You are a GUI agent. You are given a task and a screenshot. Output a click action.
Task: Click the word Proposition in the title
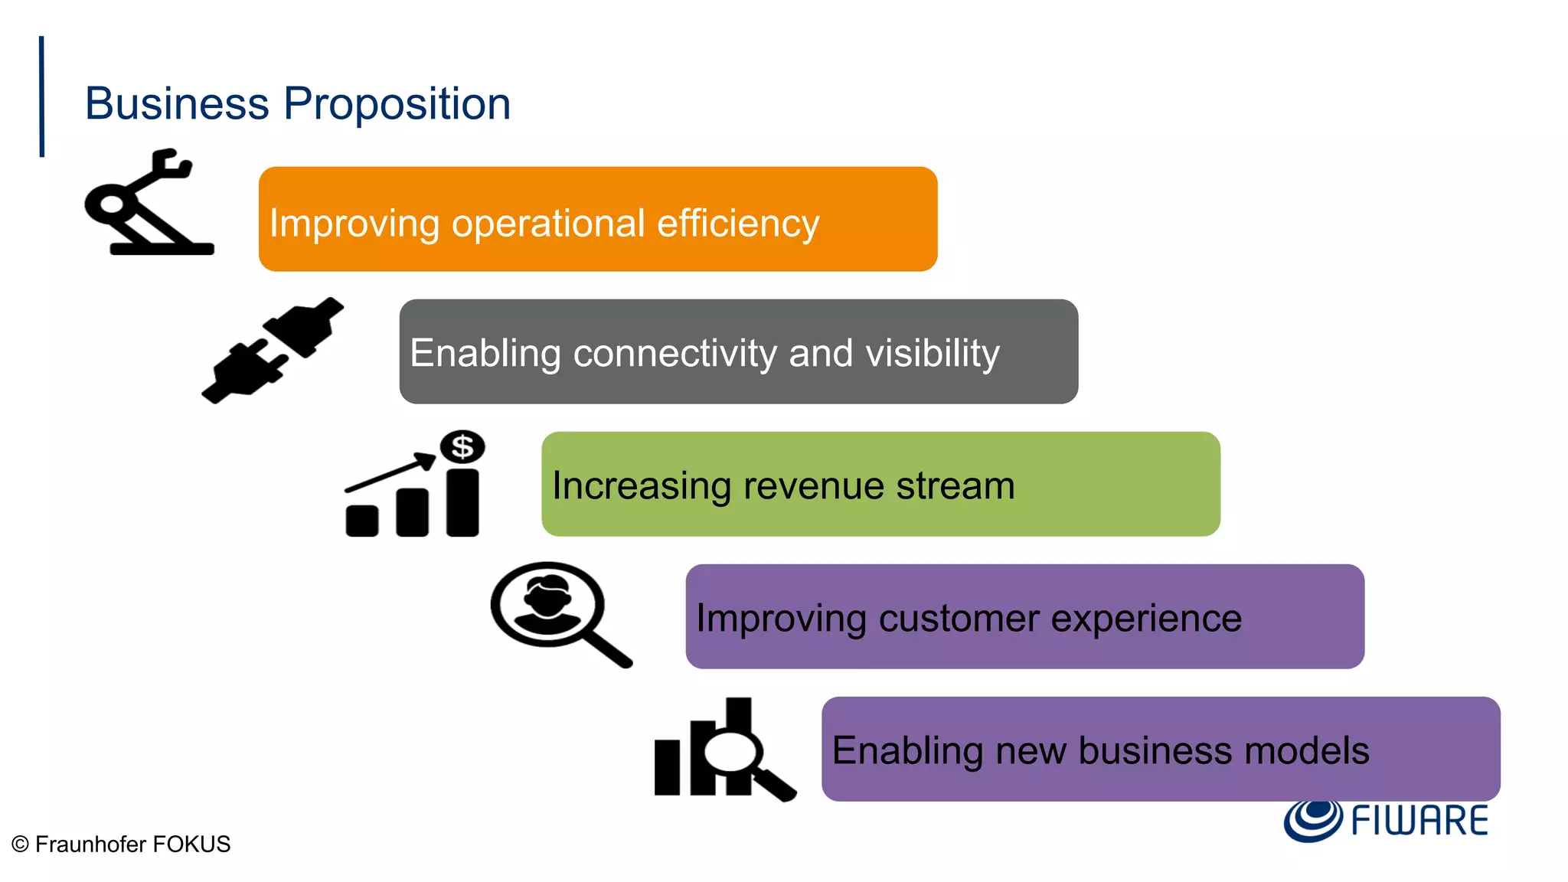click(397, 104)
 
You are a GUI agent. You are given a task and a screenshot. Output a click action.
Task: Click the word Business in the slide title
click(177, 104)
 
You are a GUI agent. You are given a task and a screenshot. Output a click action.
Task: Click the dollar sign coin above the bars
click(462, 446)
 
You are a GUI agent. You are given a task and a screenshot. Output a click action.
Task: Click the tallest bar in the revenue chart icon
click(462, 502)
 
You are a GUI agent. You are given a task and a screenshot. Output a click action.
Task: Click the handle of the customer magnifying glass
click(608, 646)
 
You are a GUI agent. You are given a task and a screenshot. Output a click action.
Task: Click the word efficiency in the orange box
click(738, 224)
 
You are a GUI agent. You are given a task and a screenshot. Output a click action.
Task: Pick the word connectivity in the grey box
click(675, 353)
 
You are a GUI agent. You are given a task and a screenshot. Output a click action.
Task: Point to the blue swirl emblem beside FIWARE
click(1312, 819)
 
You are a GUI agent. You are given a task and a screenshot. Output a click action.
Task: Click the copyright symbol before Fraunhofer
click(21, 844)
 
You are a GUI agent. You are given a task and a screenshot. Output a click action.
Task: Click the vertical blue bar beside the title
click(42, 96)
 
